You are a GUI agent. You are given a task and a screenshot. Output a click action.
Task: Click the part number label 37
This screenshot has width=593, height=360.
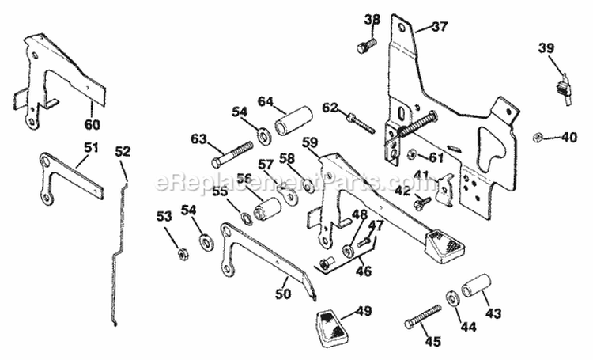pyautogui.click(x=439, y=26)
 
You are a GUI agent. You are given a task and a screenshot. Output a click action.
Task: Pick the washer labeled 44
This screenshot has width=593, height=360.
pyautogui.click(x=451, y=298)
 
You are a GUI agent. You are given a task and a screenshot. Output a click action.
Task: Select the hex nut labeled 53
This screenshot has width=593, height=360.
pyautogui.click(x=182, y=254)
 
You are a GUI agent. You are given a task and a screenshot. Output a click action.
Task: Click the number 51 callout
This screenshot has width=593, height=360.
pyautogui.click(x=91, y=148)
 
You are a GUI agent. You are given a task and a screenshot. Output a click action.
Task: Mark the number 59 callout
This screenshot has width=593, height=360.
pyautogui.click(x=310, y=143)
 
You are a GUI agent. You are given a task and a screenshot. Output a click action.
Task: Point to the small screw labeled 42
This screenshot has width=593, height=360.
pyautogui.click(x=419, y=203)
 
